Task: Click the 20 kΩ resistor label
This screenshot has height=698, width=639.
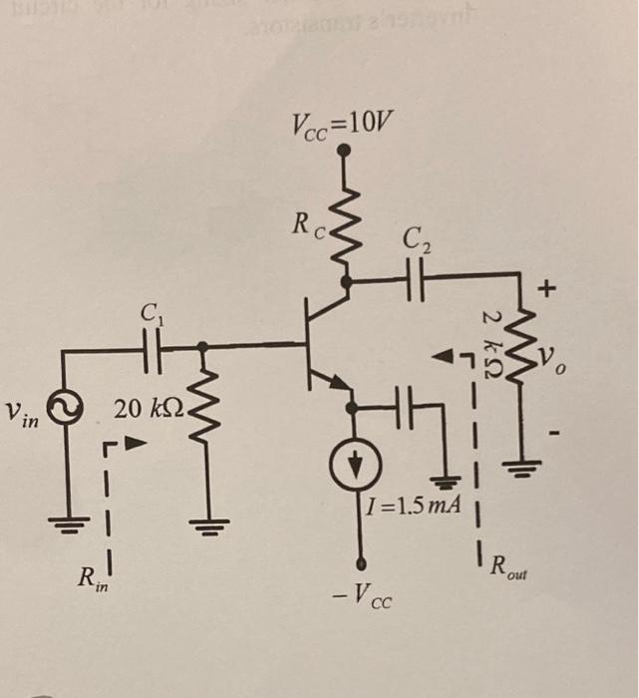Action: [x=147, y=408]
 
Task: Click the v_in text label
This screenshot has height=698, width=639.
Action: [x=22, y=412]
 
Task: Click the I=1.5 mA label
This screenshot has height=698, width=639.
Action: [x=412, y=506]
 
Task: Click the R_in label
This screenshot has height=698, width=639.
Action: [x=93, y=577]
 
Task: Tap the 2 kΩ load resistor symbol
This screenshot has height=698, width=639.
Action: [x=519, y=344]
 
